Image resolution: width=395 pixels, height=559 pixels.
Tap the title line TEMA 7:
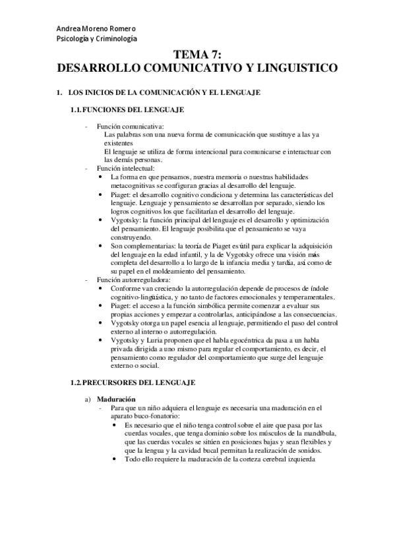coord(197,57)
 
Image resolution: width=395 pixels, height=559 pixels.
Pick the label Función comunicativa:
coord(121,126)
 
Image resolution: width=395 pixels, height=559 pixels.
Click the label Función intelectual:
coord(119,169)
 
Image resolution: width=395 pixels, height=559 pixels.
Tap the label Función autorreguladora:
coord(124,280)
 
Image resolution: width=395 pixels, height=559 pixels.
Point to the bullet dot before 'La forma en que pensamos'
coord(100,177)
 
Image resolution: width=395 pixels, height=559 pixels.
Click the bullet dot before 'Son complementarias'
coord(100,246)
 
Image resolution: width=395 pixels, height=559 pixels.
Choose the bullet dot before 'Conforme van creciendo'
coord(100,289)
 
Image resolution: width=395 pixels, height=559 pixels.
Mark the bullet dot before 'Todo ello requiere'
coord(116,460)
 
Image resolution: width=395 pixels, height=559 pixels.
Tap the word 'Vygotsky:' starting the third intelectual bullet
coord(125,220)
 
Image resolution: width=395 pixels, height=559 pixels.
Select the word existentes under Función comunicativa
coord(119,143)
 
